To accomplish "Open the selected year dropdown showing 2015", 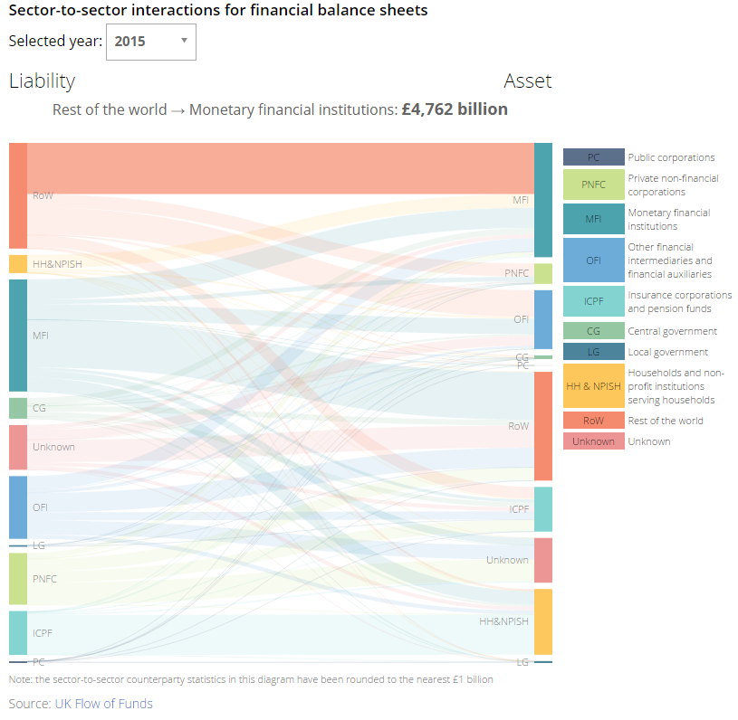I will click(x=151, y=42).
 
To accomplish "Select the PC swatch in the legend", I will click(x=593, y=157).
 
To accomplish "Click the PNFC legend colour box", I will click(x=593, y=185).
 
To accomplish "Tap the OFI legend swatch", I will click(x=593, y=261).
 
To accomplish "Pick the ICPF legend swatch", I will click(x=593, y=301).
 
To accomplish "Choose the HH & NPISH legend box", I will click(x=593, y=386).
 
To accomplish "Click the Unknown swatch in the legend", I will click(x=593, y=441).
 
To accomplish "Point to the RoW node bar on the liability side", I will click(x=18, y=195).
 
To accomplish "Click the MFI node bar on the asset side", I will click(x=542, y=200).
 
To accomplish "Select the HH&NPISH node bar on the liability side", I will click(x=18, y=264).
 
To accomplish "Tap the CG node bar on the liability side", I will click(x=18, y=408).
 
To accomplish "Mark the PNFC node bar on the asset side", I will click(x=542, y=273).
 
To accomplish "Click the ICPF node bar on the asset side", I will click(x=542, y=509).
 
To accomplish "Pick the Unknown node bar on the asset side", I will click(x=542, y=560).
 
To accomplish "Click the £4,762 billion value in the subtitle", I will click(x=455, y=109).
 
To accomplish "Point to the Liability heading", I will click(x=42, y=81).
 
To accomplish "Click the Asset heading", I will click(x=527, y=81).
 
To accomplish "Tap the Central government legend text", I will click(x=672, y=331).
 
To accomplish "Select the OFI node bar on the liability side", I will click(x=18, y=507).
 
